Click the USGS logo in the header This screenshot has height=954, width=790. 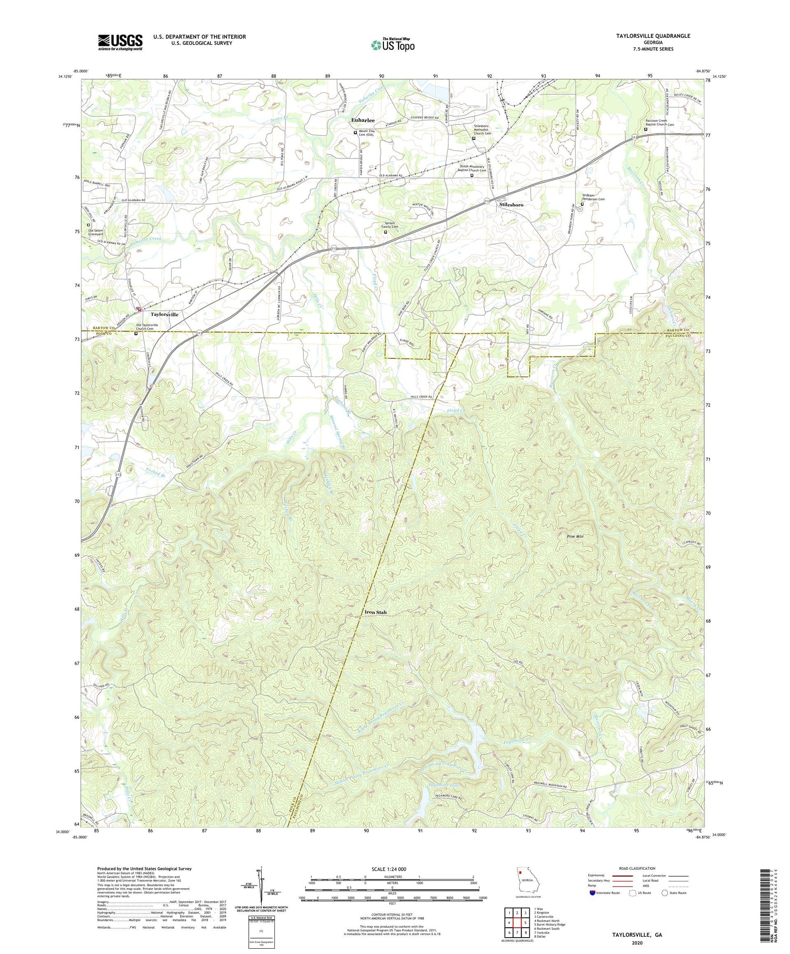(120, 42)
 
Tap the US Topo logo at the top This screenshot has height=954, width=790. (392, 45)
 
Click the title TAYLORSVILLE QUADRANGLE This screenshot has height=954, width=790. (646, 36)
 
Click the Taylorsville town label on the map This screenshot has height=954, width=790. (164, 314)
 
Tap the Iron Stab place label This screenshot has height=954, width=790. (376, 612)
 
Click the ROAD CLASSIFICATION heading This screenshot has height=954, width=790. (637, 868)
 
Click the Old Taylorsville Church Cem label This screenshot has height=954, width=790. (154, 327)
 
